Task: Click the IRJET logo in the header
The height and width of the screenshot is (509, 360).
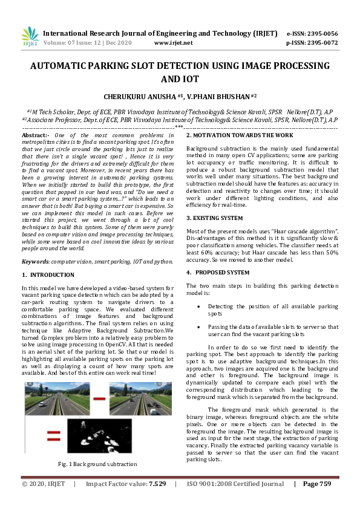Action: tap(30, 37)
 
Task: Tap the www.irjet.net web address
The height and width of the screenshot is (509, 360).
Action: tap(173, 43)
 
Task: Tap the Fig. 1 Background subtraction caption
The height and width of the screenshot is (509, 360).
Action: tap(97, 464)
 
